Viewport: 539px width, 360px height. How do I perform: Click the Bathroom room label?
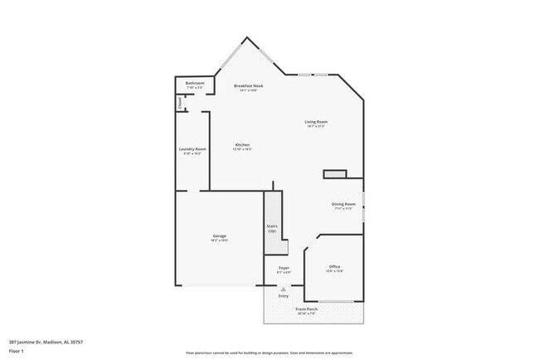tap(195, 84)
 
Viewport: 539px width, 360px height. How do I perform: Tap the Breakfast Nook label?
tap(249, 86)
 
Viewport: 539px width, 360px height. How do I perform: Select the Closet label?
tap(180, 103)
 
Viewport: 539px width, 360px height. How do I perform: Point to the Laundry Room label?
tap(192, 150)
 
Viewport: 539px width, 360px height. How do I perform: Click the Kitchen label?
tap(242, 146)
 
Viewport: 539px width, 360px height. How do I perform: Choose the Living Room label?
tap(316, 123)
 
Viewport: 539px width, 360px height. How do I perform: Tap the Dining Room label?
tap(343, 205)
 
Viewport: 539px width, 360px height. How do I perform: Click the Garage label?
tap(220, 237)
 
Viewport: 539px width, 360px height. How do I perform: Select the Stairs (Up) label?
tap(271, 227)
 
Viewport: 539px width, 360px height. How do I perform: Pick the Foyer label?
tap(284, 268)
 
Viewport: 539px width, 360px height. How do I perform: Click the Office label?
tap(334, 267)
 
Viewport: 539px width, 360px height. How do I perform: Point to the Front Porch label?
tap(307, 310)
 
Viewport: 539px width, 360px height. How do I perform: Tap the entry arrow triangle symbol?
tap(284, 289)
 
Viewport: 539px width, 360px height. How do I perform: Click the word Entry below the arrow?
tap(284, 295)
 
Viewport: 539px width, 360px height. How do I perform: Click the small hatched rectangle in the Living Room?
tap(335, 174)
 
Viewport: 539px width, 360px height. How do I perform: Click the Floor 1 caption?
tap(17, 350)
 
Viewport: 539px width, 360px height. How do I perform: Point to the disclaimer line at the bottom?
tap(269, 353)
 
